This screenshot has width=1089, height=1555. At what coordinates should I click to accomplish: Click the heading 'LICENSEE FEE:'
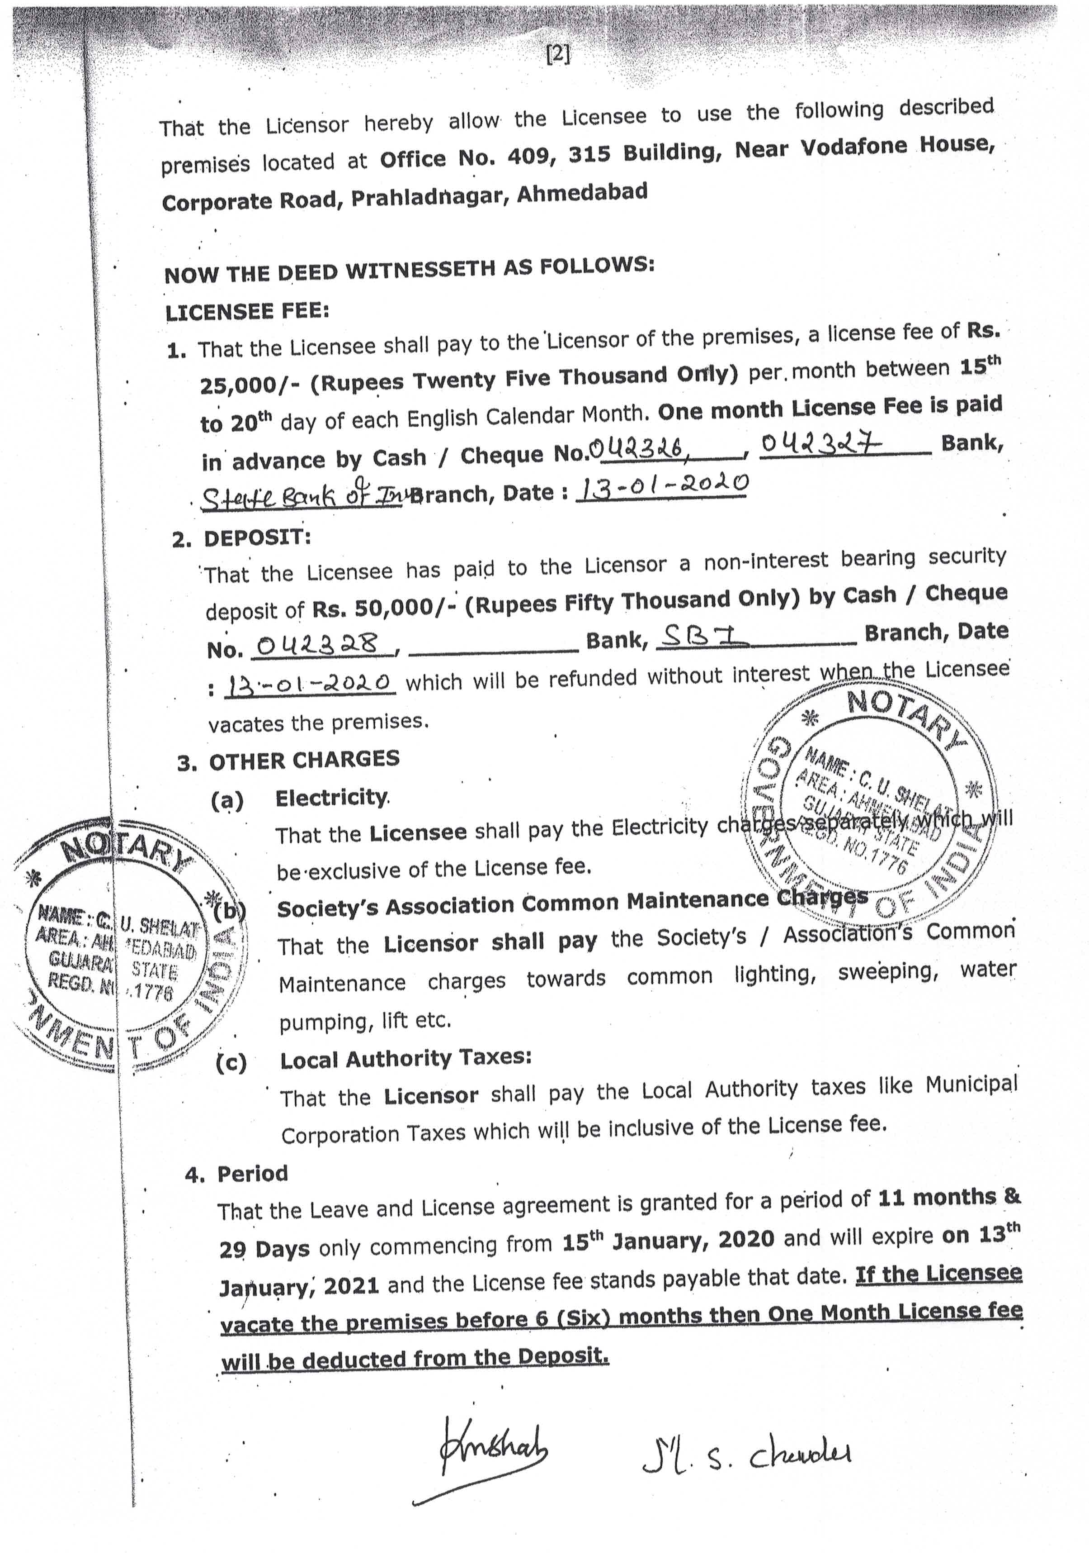click(x=247, y=312)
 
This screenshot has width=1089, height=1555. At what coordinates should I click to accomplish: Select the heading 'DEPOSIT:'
click(x=257, y=538)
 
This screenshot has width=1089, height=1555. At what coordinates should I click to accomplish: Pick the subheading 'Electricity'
click(x=331, y=798)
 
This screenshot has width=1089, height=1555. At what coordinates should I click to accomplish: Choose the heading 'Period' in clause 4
click(x=252, y=1173)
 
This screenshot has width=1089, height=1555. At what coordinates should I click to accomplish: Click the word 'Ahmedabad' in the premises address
click(x=581, y=194)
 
